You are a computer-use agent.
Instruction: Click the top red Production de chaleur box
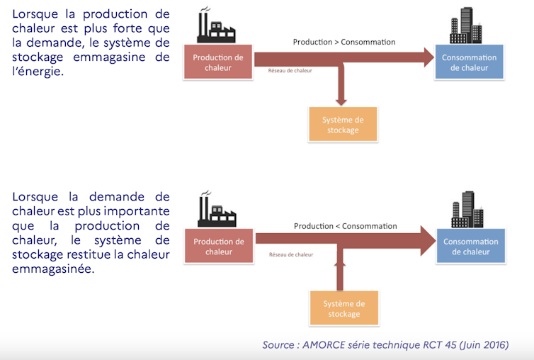click(218, 62)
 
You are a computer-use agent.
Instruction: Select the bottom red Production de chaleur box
click(219, 247)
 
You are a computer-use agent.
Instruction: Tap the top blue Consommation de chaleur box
click(469, 62)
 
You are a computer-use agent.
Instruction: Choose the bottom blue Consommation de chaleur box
click(470, 246)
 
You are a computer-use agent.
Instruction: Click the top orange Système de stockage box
click(343, 125)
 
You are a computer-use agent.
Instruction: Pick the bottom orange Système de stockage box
click(343, 308)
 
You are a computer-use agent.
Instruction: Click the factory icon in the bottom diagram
click(215, 211)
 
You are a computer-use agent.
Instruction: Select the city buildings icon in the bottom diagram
click(468, 210)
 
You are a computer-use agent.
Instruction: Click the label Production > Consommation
click(344, 42)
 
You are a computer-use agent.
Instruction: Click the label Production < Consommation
click(346, 226)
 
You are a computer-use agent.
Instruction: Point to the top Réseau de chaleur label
click(290, 71)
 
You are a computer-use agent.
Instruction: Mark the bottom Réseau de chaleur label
click(290, 254)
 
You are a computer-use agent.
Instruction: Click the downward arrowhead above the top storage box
click(342, 99)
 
